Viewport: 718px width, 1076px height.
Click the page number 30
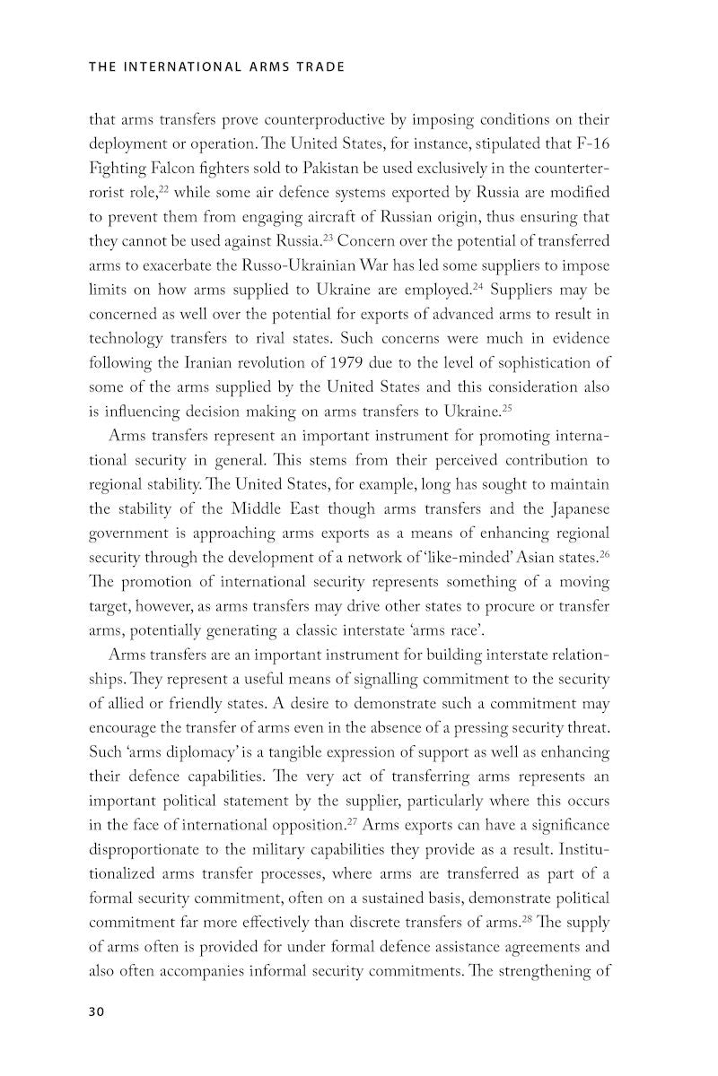(x=97, y=1011)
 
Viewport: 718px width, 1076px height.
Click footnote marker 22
(x=165, y=188)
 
